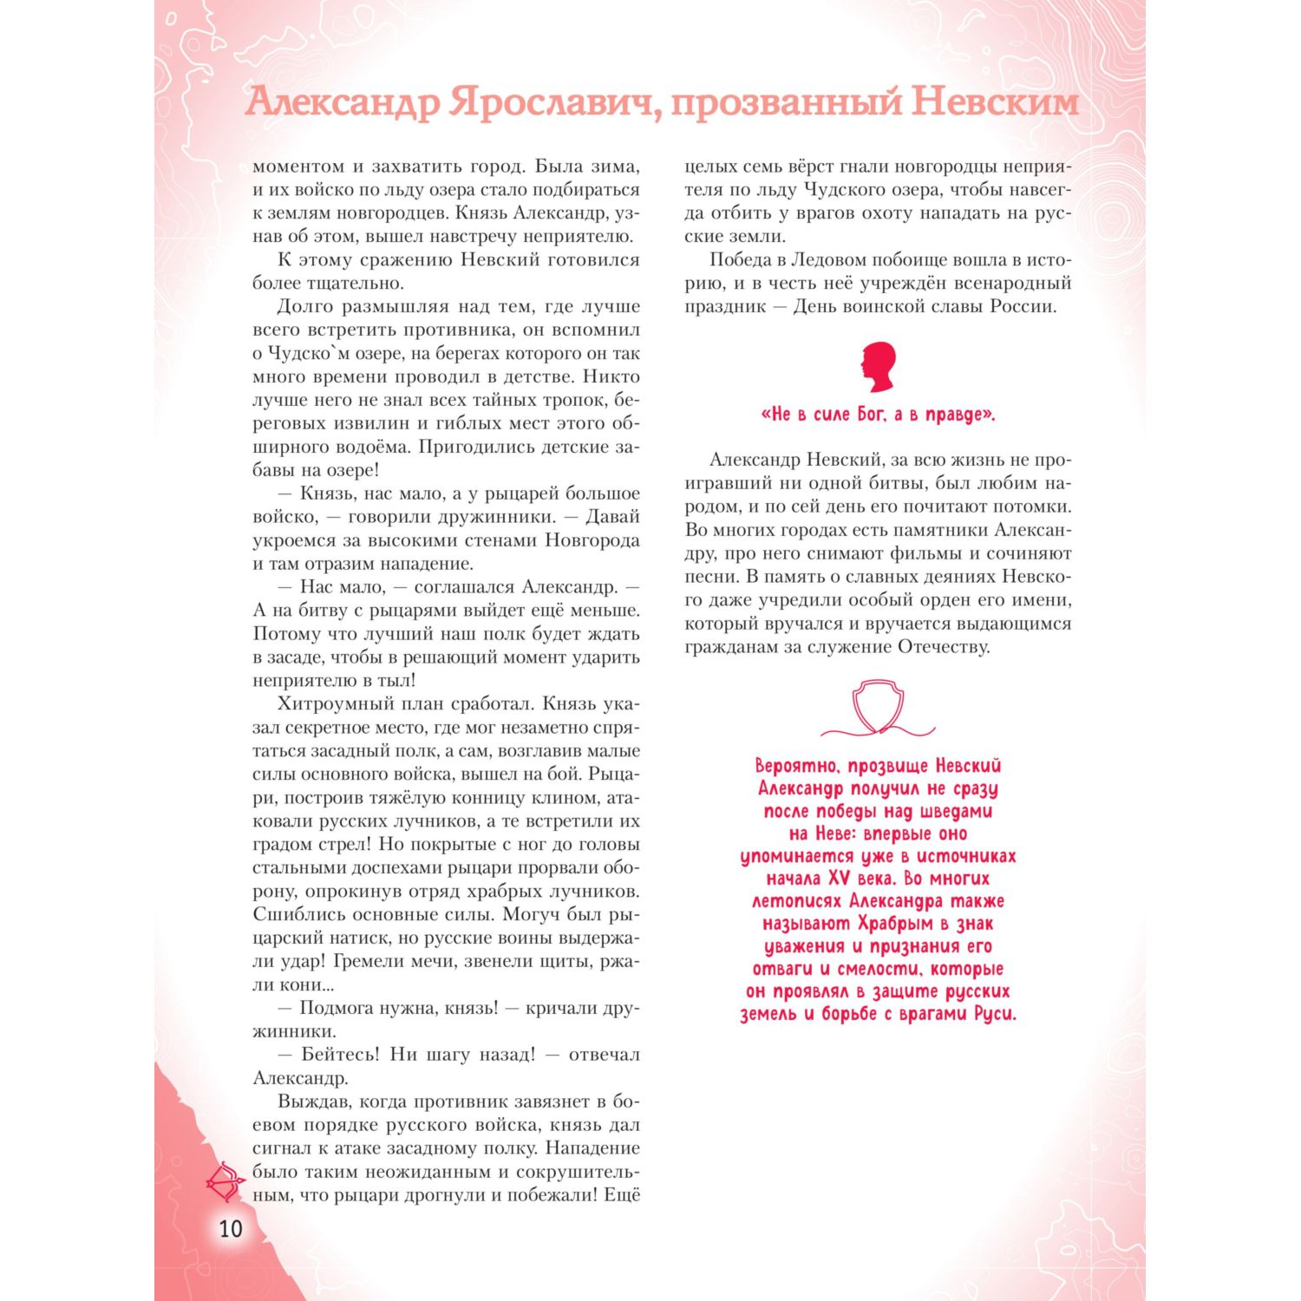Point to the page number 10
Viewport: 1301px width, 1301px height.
tap(231, 1229)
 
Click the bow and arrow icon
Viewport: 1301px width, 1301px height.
tap(226, 1180)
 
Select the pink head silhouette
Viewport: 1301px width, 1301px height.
tap(878, 367)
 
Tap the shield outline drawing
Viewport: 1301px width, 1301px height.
tap(878, 706)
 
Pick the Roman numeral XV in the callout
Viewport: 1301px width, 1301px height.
tap(839, 879)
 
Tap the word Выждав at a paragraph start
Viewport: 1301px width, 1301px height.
tap(312, 1102)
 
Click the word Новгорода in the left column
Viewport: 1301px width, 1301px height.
tap(592, 539)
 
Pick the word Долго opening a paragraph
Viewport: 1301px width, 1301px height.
tap(304, 306)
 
